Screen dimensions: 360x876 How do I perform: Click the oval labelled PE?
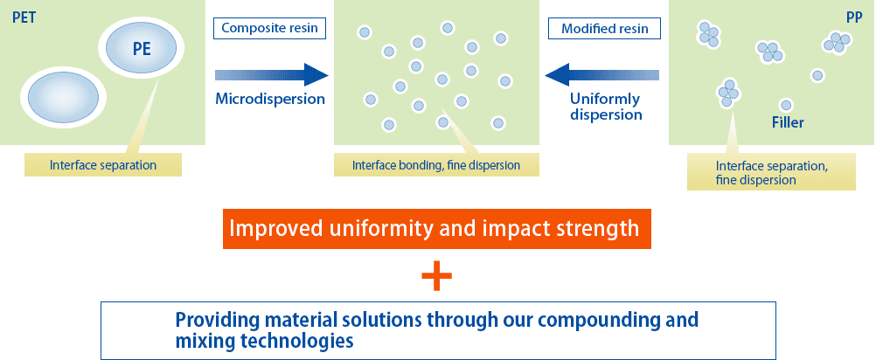point(141,49)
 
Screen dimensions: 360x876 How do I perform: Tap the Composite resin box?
point(269,28)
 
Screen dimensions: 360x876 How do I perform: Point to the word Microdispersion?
point(270,99)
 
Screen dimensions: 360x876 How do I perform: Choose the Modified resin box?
point(604,28)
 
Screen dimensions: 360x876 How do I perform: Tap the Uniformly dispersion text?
point(606,106)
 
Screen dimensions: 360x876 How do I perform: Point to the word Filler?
point(787,123)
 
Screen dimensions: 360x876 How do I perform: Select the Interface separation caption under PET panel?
point(102,164)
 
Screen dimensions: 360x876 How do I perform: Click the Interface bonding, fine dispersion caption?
point(436,164)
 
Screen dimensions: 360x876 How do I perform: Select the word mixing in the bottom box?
point(202,341)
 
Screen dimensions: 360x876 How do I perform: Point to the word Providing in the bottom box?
point(214,320)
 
